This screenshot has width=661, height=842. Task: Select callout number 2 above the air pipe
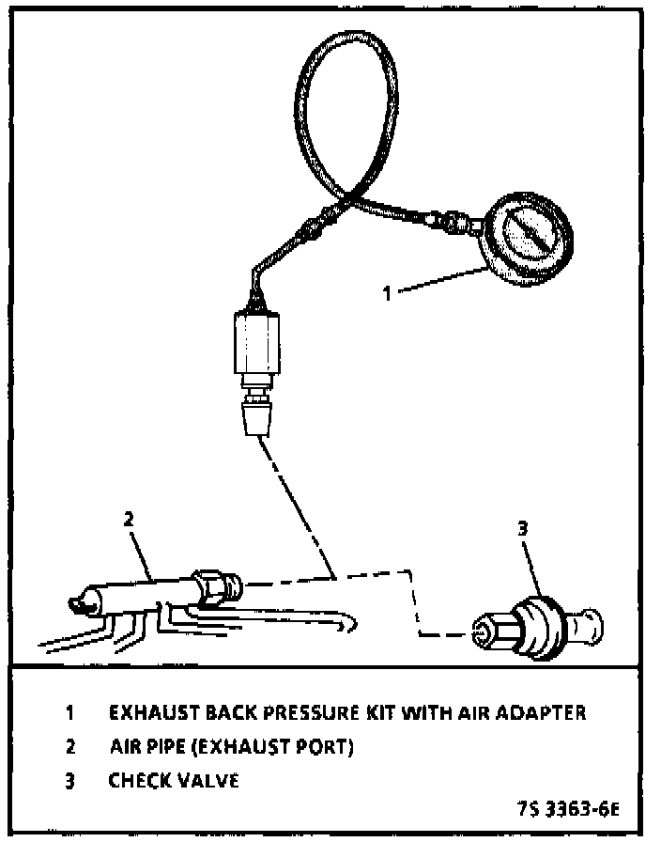click(130, 518)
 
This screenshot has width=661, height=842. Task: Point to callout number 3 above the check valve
click(523, 529)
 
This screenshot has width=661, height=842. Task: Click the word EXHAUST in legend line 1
click(152, 712)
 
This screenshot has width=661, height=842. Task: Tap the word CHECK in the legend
click(140, 781)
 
